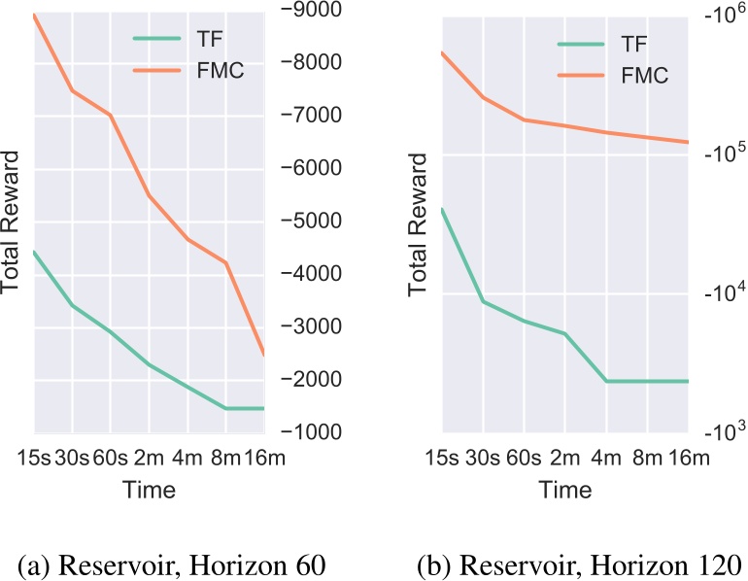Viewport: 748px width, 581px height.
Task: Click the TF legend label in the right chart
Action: click(x=632, y=45)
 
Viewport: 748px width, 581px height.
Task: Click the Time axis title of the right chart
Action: click(x=564, y=491)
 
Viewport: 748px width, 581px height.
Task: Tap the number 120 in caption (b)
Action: click(x=715, y=565)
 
